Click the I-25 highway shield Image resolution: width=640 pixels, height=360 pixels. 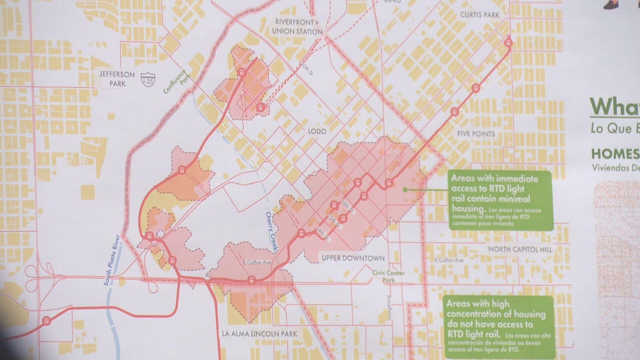click(148, 79)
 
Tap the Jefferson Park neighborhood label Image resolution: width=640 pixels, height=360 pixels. click(117, 78)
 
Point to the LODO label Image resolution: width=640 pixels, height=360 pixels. click(317, 132)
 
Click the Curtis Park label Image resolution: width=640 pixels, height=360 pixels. click(479, 15)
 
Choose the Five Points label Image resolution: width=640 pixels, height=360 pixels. click(476, 134)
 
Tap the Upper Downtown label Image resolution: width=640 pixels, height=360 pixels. click(353, 258)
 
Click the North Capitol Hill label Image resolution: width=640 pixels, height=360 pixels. click(521, 250)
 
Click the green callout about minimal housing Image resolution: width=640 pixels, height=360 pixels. click(500, 200)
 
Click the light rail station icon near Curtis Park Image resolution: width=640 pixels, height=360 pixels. click(508, 43)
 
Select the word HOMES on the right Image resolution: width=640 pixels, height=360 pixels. click(615, 154)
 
